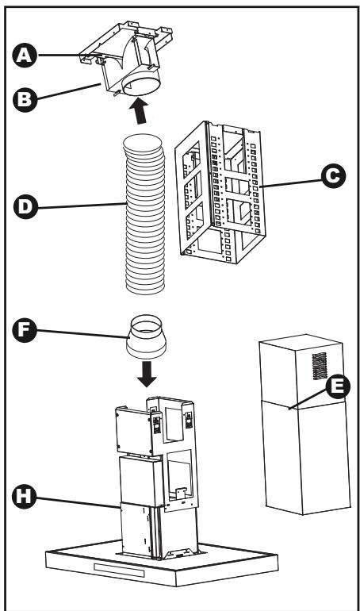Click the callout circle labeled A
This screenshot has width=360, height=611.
coord(25,56)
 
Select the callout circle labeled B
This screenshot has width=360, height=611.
coord(25,99)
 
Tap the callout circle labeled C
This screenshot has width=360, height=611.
coord(334,176)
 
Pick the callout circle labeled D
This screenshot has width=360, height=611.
coord(25,206)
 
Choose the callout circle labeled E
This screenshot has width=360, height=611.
coord(338,386)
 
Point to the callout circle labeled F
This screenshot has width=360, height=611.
coord(25,330)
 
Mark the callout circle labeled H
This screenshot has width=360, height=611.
coord(24,498)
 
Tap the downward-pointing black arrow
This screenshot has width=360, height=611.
coord(147,374)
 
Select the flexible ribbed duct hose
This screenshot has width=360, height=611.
coord(144,214)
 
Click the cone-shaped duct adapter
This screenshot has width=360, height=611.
coord(146,337)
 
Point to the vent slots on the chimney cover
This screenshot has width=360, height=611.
coord(320,366)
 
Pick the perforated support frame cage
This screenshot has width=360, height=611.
coord(220,193)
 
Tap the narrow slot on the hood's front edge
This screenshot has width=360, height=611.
coord(119,570)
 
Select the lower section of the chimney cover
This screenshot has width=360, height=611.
coord(307,457)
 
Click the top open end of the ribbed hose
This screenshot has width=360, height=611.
coord(143,144)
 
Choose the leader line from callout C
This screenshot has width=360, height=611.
coord(291,183)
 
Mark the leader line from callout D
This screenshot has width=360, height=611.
coord(82,206)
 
